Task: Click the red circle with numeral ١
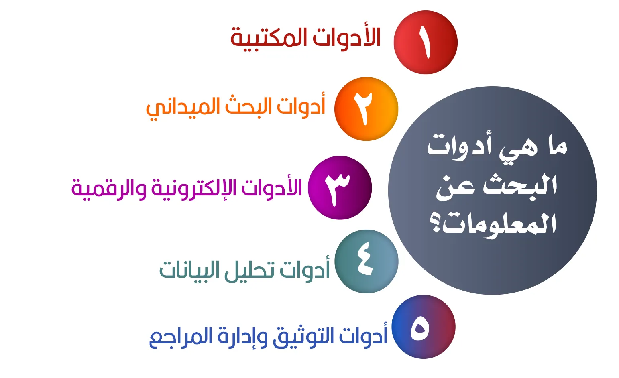coord(426,42)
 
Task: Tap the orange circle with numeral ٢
coord(367,109)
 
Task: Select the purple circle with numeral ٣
coord(340,188)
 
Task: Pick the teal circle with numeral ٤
coord(367,261)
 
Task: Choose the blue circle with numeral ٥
coord(424,327)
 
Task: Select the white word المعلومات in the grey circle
coord(500,224)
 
